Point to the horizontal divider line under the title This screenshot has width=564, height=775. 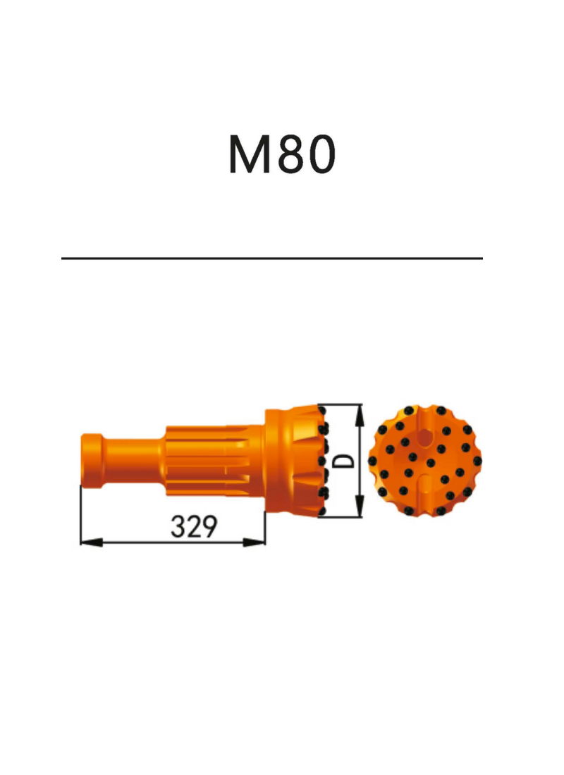coord(272,258)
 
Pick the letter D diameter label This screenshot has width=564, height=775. coord(344,460)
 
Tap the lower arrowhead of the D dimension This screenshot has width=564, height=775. coord(360,507)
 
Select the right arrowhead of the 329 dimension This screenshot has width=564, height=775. coord(254,542)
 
